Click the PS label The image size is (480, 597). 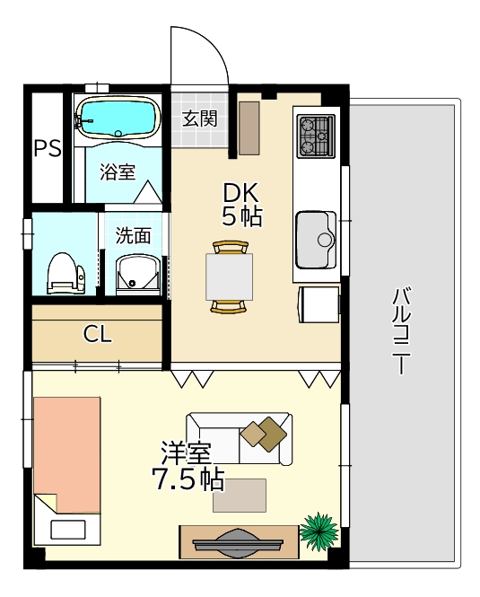coord(48,148)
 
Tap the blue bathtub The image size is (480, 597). coord(118,117)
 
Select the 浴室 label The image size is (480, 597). coord(118,172)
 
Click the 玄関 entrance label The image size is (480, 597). coord(200,119)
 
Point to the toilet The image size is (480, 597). coord(65,274)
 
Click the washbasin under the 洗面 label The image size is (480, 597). coord(137,274)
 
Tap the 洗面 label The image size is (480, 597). coord(133,236)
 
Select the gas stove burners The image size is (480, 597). coord(316,136)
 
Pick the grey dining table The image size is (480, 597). coord(229,277)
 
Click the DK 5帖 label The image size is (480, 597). coord(242,205)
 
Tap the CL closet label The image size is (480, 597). coord(98,334)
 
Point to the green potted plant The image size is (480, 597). coord(319,531)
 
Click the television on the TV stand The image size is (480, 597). coord(238,542)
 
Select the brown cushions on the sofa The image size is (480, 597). coord(264,434)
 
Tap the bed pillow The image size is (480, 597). coord(68,530)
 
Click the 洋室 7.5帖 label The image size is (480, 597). coord(188,467)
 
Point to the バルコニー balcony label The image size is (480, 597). coord(401,331)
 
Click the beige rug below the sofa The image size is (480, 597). coord(240,496)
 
